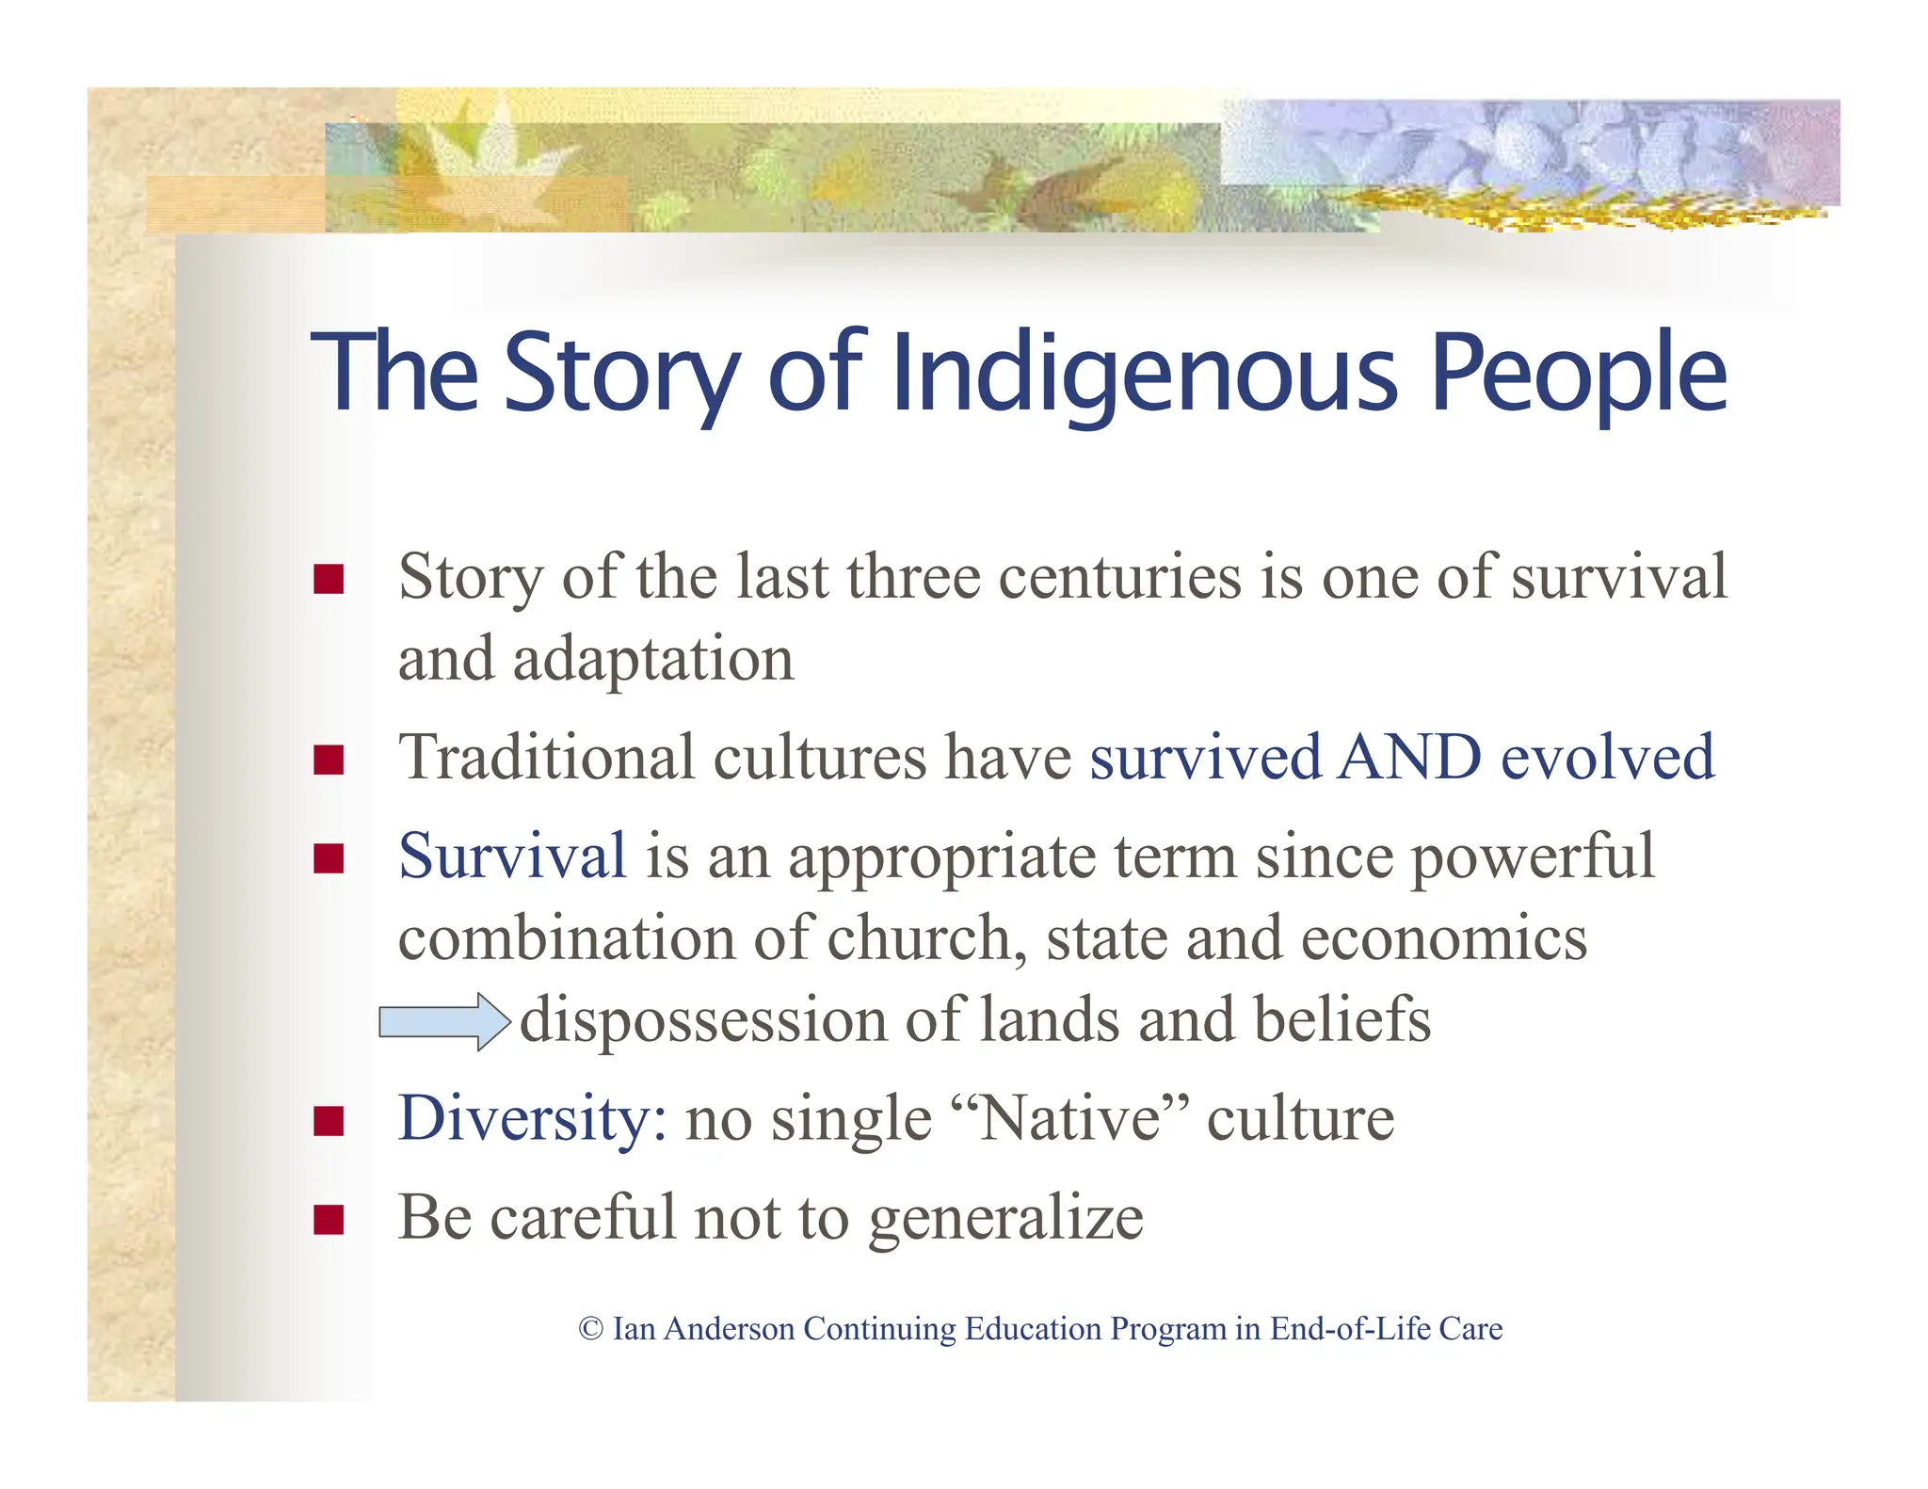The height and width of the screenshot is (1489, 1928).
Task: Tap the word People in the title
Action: [x=1579, y=374]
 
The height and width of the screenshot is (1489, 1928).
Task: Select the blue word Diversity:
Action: [x=533, y=1119]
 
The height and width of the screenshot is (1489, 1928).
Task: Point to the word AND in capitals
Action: [x=1409, y=757]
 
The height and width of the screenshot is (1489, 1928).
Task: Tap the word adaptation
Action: [x=653, y=659]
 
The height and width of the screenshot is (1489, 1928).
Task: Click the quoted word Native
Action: [x=1070, y=1119]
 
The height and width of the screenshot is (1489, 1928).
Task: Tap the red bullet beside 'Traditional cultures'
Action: [x=329, y=760]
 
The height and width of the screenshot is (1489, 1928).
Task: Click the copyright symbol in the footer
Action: [x=590, y=1329]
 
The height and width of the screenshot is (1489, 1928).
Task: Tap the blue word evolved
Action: [x=1607, y=757]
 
